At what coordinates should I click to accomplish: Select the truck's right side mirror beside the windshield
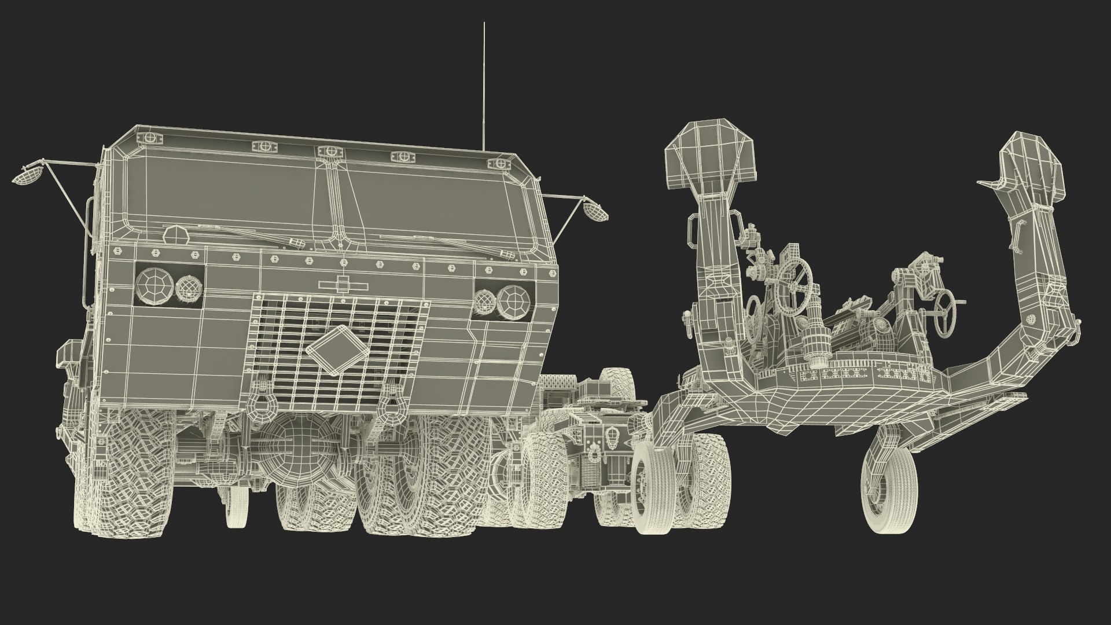click(595, 212)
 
